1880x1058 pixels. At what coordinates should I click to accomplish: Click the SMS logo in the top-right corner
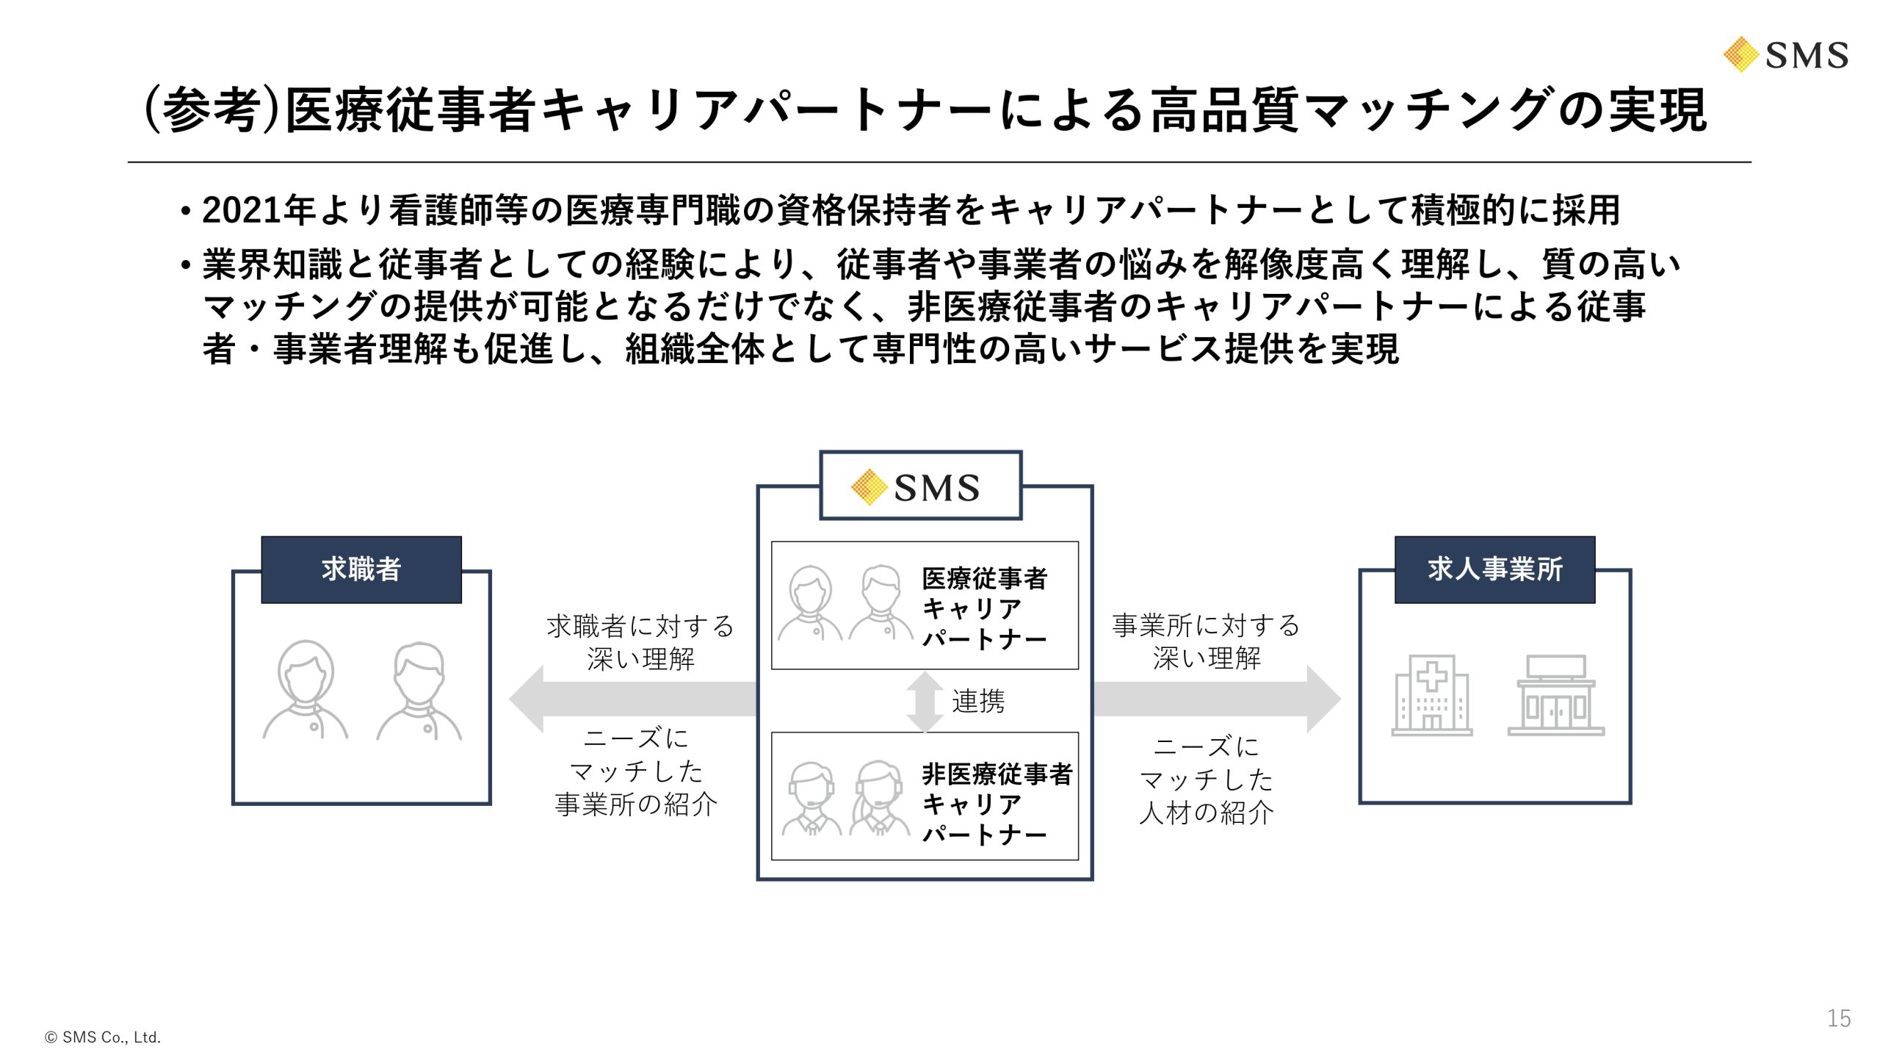point(1786,55)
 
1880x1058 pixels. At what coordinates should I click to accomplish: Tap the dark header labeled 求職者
point(361,569)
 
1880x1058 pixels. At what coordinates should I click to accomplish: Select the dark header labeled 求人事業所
point(1494,569)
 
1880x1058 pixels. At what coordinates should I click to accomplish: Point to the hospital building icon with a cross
point(1431,694)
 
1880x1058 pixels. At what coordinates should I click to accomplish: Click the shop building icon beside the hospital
point(1555,696)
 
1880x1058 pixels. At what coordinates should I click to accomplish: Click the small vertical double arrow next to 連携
point(925,702)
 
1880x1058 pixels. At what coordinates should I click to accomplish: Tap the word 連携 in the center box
point(977,702)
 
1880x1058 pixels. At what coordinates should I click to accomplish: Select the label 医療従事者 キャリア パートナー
point(984,608)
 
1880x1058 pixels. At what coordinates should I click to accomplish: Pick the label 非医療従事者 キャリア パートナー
point(996,804)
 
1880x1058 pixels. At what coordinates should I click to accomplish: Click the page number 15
point(1838,1018)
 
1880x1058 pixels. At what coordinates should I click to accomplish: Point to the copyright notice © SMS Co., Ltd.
point(103,1037)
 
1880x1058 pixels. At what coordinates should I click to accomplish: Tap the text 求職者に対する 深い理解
point(640,642)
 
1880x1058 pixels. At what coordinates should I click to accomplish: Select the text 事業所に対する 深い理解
point(1206,641)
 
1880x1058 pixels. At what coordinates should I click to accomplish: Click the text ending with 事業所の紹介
point(636,771)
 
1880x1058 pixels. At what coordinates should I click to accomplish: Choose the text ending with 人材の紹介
point(1206,780)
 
